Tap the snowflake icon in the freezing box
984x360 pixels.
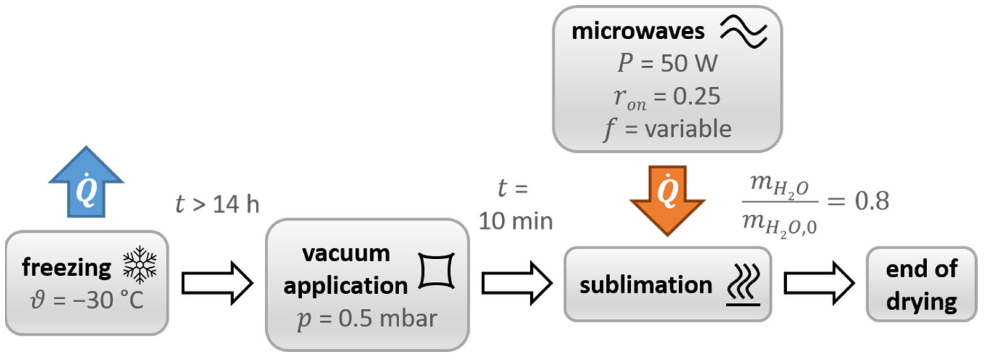[x=140, y=265]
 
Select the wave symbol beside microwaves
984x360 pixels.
[x=743, y=31]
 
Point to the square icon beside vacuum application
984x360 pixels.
[x=437, y=271]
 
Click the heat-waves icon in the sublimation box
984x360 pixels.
[x=743, y=285]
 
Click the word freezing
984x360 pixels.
[x=67, y=268]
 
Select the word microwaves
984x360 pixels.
[x=638, y=31]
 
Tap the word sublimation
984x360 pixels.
[x=646, y=285]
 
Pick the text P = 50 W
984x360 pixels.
[x=667, y=63]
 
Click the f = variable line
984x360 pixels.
[x=667, y=129]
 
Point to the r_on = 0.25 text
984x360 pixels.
[x=667, y=97]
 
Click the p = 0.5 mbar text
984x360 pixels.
[x=367, y=318]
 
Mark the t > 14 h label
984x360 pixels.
[x=217, y=204]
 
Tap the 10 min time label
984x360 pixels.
[x=516, y=221]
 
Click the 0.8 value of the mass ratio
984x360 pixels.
[x=871, y=201]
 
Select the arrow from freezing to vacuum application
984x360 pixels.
[x=217, y=283]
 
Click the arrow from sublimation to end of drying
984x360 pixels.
[x=819, y=283]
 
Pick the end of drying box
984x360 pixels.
[x=922, y=284]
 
